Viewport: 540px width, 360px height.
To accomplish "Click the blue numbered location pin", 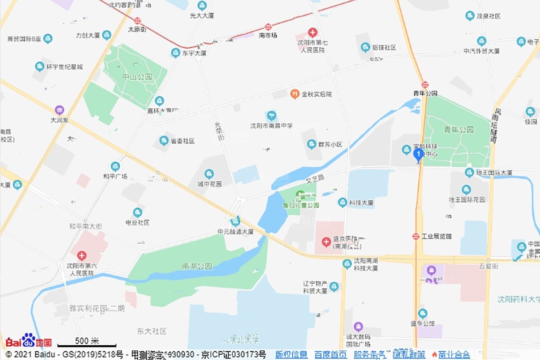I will pos(418,155).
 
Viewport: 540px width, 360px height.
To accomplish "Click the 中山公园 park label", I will pos(137,77).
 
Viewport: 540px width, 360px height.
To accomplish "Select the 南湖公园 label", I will pos(197,266).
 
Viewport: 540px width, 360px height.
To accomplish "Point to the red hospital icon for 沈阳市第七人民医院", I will pos(312,32).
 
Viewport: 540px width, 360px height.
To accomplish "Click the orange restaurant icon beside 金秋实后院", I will pos(295,94).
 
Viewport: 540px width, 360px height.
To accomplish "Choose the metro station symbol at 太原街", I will pos(137,21).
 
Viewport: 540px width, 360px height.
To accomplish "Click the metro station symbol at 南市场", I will pos(268,27).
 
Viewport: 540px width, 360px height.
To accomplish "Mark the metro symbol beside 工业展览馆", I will pos(415,236).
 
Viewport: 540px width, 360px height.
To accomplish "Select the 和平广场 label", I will pos(115,176).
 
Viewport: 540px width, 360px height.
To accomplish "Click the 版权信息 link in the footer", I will pos(291,354).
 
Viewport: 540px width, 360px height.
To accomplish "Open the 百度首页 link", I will pos(330,354).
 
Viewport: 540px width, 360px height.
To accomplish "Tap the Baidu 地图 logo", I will pos(29,341).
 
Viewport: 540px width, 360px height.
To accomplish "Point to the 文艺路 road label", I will pos(315,179).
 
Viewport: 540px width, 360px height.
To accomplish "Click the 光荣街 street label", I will pos(219,131).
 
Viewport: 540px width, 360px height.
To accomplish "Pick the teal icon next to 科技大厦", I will pos(342,202).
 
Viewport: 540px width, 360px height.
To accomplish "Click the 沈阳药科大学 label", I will pos(518,299).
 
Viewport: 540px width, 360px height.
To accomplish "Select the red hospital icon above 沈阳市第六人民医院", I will pos(81,255).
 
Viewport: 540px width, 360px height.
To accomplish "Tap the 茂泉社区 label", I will pos(488,16).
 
